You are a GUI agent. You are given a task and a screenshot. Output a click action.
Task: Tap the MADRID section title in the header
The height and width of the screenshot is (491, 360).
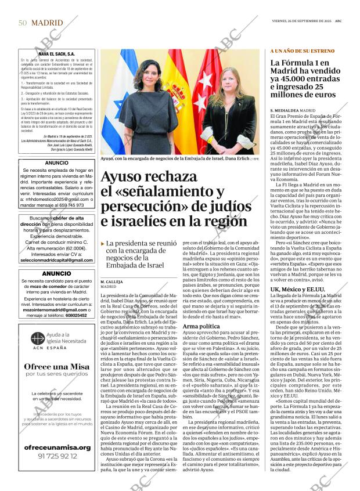[48, 23]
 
